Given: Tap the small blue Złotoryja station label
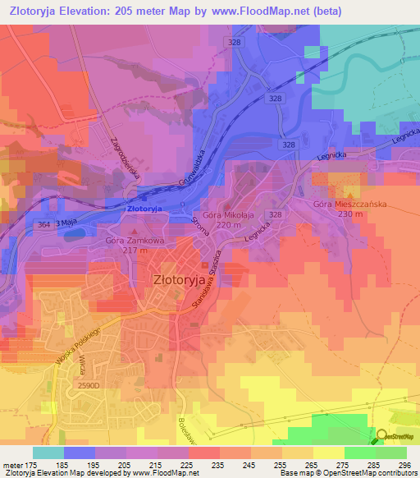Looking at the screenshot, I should pyautogui.click(x=145, y=210).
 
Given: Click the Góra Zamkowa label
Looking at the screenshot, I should pyautogui.click(x=135, y=241).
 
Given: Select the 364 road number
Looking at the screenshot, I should pyautogui.click(x=44, y=223).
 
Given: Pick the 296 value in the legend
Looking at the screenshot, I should pyautogui.click(x=403, y=465).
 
